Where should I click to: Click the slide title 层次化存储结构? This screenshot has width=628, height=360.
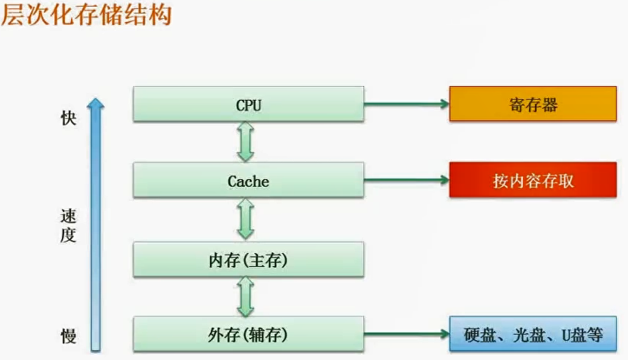(86, 16)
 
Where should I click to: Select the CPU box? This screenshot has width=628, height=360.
(248, 104)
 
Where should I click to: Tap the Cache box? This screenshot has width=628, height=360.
(248, 181)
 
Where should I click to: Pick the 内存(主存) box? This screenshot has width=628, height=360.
(248, 260)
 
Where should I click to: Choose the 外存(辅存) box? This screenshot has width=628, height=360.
(248, 334)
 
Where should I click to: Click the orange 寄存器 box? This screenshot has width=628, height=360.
(533, 104)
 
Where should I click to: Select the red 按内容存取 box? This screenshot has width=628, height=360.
(533, 181)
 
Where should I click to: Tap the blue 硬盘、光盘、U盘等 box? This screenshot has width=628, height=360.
(533, 334)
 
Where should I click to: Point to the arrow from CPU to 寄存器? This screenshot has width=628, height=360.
(406, 104)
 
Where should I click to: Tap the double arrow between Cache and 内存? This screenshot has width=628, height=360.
(245, 220)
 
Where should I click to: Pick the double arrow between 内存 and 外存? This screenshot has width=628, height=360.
(245, 297)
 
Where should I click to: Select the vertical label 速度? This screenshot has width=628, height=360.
(69, 226)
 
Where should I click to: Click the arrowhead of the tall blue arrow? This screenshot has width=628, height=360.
(96, 104)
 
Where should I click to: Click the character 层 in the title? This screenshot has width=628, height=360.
(13, 16)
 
